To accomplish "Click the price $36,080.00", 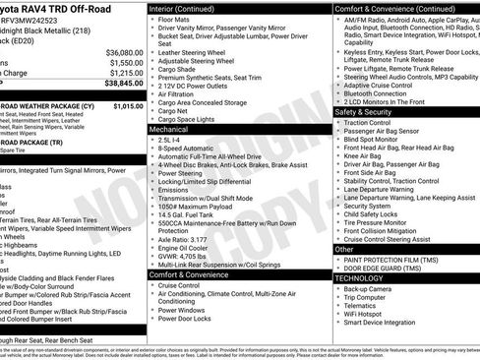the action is pyautogui.click(x=122, y=51).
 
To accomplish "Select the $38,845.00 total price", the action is pyautogui.click(x=122, y=85).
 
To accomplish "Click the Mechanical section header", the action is pyautogui.click(x=168, y=129).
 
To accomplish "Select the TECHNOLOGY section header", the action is pyautogui.click(x=360, y=278).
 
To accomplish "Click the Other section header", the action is pyautogui.click(x=344, y=250).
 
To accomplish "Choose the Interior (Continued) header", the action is pyautogui.click(x=185, y=8).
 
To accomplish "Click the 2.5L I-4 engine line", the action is pyautogui.click(x=170, y=140).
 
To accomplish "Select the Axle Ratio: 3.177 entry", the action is pyautogui.click(x=183, y=239).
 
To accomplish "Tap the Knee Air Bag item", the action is pyautogui.click(x=362, y=155).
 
